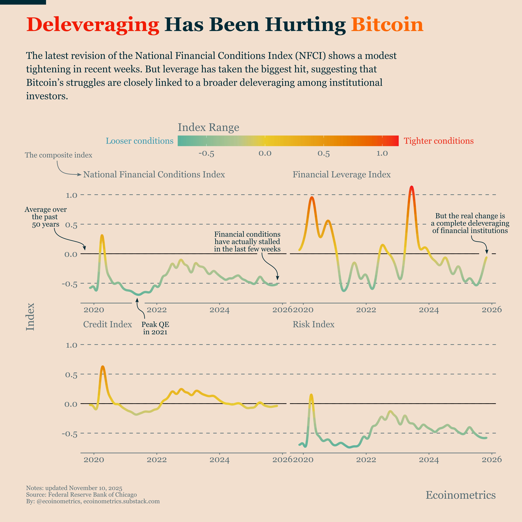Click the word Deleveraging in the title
pos(93,25)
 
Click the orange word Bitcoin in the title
pos(387,25)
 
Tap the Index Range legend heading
pos(208,127)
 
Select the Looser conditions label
pos(139,141)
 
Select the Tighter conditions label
pos(438,141)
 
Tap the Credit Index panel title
pos(108,324)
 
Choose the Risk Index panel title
pos(313,324)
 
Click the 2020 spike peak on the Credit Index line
pos(103,367)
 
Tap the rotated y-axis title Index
pos(30,317)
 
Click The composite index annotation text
pos(59,155)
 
